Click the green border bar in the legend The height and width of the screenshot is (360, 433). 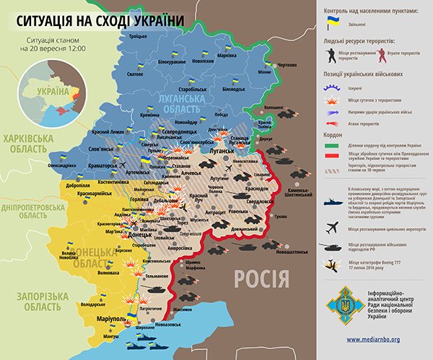coord(330,149)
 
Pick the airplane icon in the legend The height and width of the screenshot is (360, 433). coord(331,228)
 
